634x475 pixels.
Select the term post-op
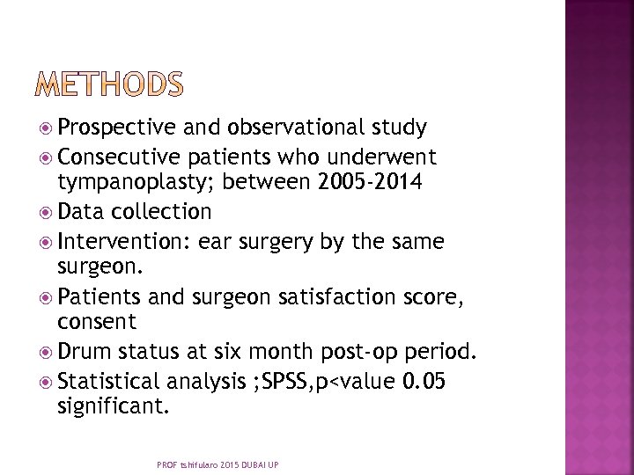(x=380, y=352)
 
